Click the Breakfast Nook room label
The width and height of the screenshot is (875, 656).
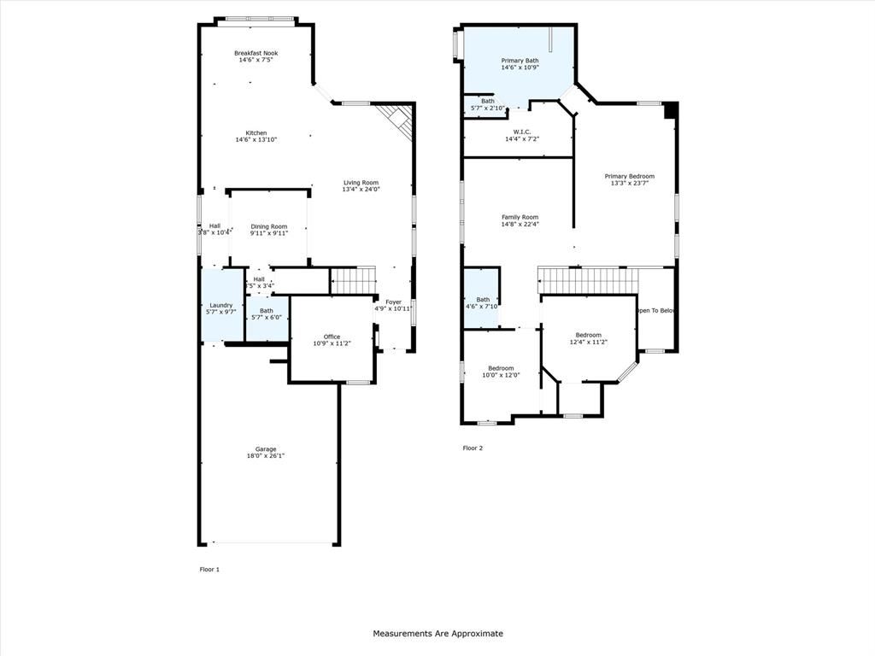(256, 53)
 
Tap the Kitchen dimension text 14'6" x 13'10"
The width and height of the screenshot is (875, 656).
(256, 139)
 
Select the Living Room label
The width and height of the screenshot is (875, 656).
(361, 182)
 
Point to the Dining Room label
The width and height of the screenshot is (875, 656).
(269, 226)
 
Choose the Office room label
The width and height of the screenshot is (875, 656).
(332, 337)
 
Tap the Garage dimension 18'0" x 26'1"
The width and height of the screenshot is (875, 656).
(266, 456)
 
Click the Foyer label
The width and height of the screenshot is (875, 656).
(393, 302)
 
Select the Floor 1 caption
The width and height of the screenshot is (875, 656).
(209, 569)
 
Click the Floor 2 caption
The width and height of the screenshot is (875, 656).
(473, 448)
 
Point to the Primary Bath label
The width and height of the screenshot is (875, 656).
(520, 61)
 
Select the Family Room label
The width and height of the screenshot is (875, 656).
(520, 217)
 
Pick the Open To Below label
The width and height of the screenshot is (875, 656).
(656, 310)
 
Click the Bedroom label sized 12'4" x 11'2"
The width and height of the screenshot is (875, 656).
(588, 335)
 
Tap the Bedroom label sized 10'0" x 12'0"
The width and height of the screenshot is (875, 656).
(501, 368)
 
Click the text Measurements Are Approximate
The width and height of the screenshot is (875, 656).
(437, 633)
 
